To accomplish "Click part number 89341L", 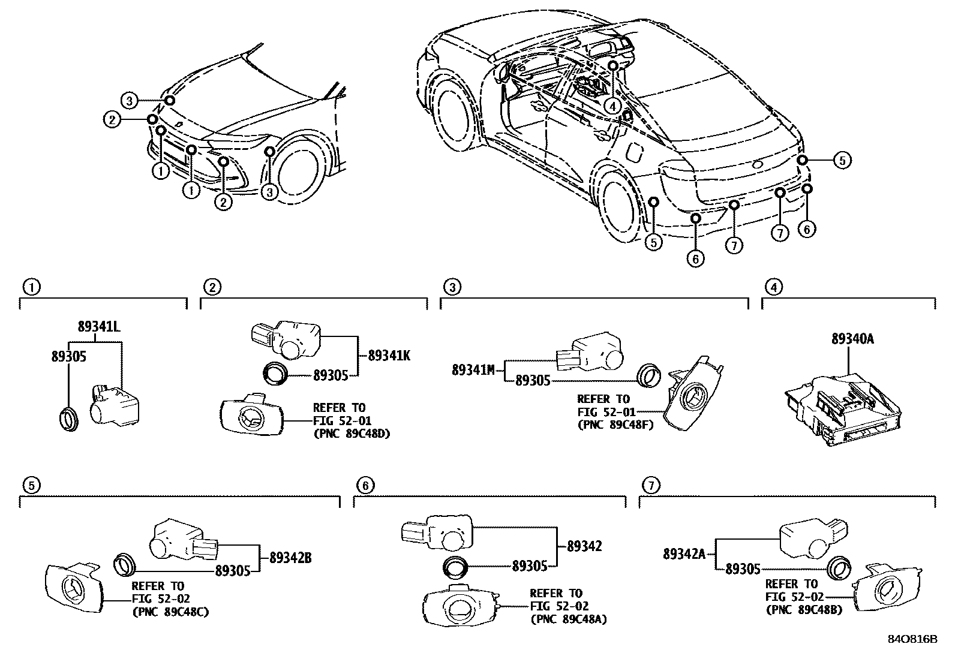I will [x=100, y=327].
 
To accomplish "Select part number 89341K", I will [x=389, y=356].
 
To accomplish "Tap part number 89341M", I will [x=473, y=370].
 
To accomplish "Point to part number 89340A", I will [x=852, y=339].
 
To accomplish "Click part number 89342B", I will [x=290, y=558].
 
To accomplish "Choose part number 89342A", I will [x=683, y=554].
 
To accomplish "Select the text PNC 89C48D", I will [x=352, y=434].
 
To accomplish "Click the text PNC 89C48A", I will [x=568, y=619].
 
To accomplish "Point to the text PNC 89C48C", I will [x=170, y=612].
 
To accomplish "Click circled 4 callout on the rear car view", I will [x=611, y=106].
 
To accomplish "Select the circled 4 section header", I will [x=774, y=287].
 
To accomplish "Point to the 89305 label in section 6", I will [x=530, y=565].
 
